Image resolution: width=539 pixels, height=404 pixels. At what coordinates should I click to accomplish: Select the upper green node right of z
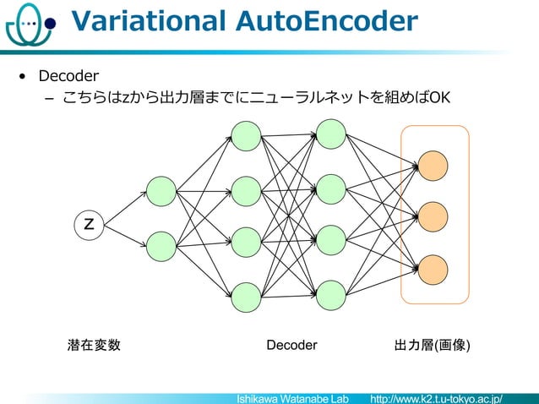(161, 191)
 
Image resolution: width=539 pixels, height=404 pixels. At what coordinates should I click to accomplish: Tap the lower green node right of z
(161, 245)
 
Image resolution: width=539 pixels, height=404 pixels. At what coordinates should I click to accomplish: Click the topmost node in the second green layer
(246, 137)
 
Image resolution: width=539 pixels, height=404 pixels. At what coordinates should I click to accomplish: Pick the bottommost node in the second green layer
(246, 297)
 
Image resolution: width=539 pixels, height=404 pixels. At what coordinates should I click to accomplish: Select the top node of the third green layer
(330, 134)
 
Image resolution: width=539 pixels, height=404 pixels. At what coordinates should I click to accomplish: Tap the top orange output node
(433, 165)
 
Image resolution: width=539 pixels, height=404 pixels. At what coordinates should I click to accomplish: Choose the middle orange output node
(433, 216)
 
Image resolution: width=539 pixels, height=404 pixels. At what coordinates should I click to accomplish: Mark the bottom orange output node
(433, 269)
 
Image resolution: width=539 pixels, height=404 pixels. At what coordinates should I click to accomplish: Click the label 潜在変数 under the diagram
(94, 346)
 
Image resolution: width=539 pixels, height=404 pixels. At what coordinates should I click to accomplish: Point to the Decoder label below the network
(291, 346)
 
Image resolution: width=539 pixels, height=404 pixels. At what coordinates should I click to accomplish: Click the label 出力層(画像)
(433, 346)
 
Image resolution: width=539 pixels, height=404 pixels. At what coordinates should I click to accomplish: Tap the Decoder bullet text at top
(68, 78)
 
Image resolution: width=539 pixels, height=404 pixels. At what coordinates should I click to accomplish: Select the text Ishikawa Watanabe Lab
(292, 397)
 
